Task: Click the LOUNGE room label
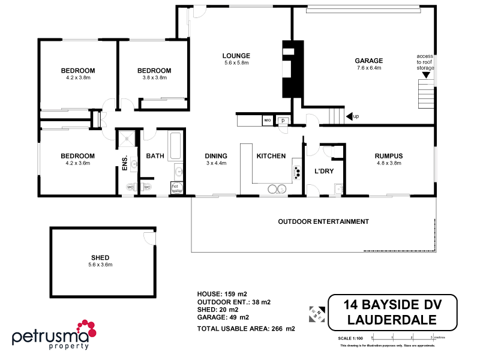click(236, 55)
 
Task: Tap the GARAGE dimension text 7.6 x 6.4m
click(368, 68)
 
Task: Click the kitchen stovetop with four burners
click(296, 171)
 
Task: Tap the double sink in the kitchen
click(276, 189)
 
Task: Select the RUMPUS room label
click(388, 156)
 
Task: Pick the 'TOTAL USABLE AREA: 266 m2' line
click(246, 329)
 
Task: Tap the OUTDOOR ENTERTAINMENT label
click(323, 221)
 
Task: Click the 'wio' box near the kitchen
click(268, 121)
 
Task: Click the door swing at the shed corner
click(150, 239)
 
